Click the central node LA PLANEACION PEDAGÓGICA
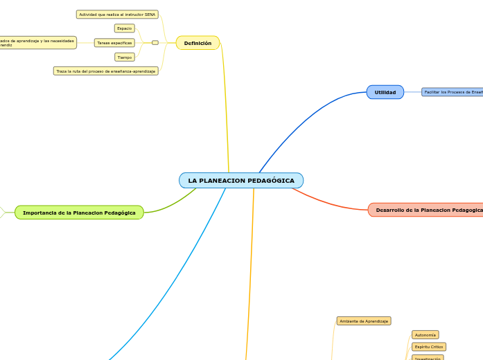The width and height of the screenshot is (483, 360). point(241,181)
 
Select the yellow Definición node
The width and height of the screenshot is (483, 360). point(197,43)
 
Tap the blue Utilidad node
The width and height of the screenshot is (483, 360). point(385,92)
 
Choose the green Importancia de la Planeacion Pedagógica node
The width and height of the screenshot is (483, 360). point(79,213)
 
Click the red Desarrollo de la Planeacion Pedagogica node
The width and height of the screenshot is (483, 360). point(426,210)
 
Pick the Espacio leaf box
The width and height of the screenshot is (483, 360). point(125,28)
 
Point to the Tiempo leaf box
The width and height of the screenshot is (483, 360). point(125,57)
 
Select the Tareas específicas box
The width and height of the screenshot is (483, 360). point(114,43)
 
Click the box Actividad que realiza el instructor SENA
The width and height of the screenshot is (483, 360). point(117,15)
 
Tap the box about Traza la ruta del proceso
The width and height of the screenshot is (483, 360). point(106,71)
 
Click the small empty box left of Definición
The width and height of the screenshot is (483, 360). point(155,43)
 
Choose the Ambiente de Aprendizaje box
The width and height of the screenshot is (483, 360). point(364,321)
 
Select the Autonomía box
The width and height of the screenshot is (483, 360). point(425,335)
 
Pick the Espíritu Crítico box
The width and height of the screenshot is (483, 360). point(428,347)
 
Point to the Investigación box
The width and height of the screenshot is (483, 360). point(428,358)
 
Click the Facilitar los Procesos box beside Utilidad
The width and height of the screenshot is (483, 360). point(453,92)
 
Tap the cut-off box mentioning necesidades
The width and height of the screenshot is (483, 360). point(37,43)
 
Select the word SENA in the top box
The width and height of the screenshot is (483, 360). point(150,15)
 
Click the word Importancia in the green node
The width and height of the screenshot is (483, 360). point(39,213)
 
